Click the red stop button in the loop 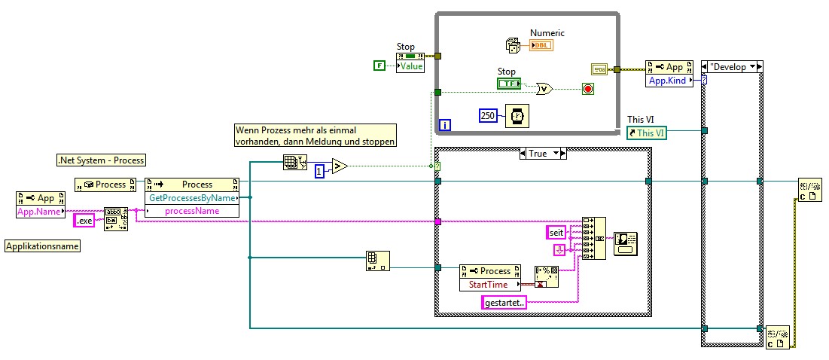[x=588, y=89]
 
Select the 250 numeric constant [x=488, y=114]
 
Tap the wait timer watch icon [x=517, y=115]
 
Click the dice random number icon [x=513, y=46]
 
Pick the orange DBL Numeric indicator [x=541, y=46]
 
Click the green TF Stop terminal [x=508, y=84]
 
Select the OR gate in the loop [x=544, y=89]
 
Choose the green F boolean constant [x=379, y=66]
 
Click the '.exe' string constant [x=84, y=221]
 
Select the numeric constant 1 [x=318, y=170]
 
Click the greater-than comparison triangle [x=340, y=166]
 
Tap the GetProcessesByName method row [x=191, y=198]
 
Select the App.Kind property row [x=668, y=80]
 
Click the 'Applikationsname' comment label [x=43, y=246]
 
